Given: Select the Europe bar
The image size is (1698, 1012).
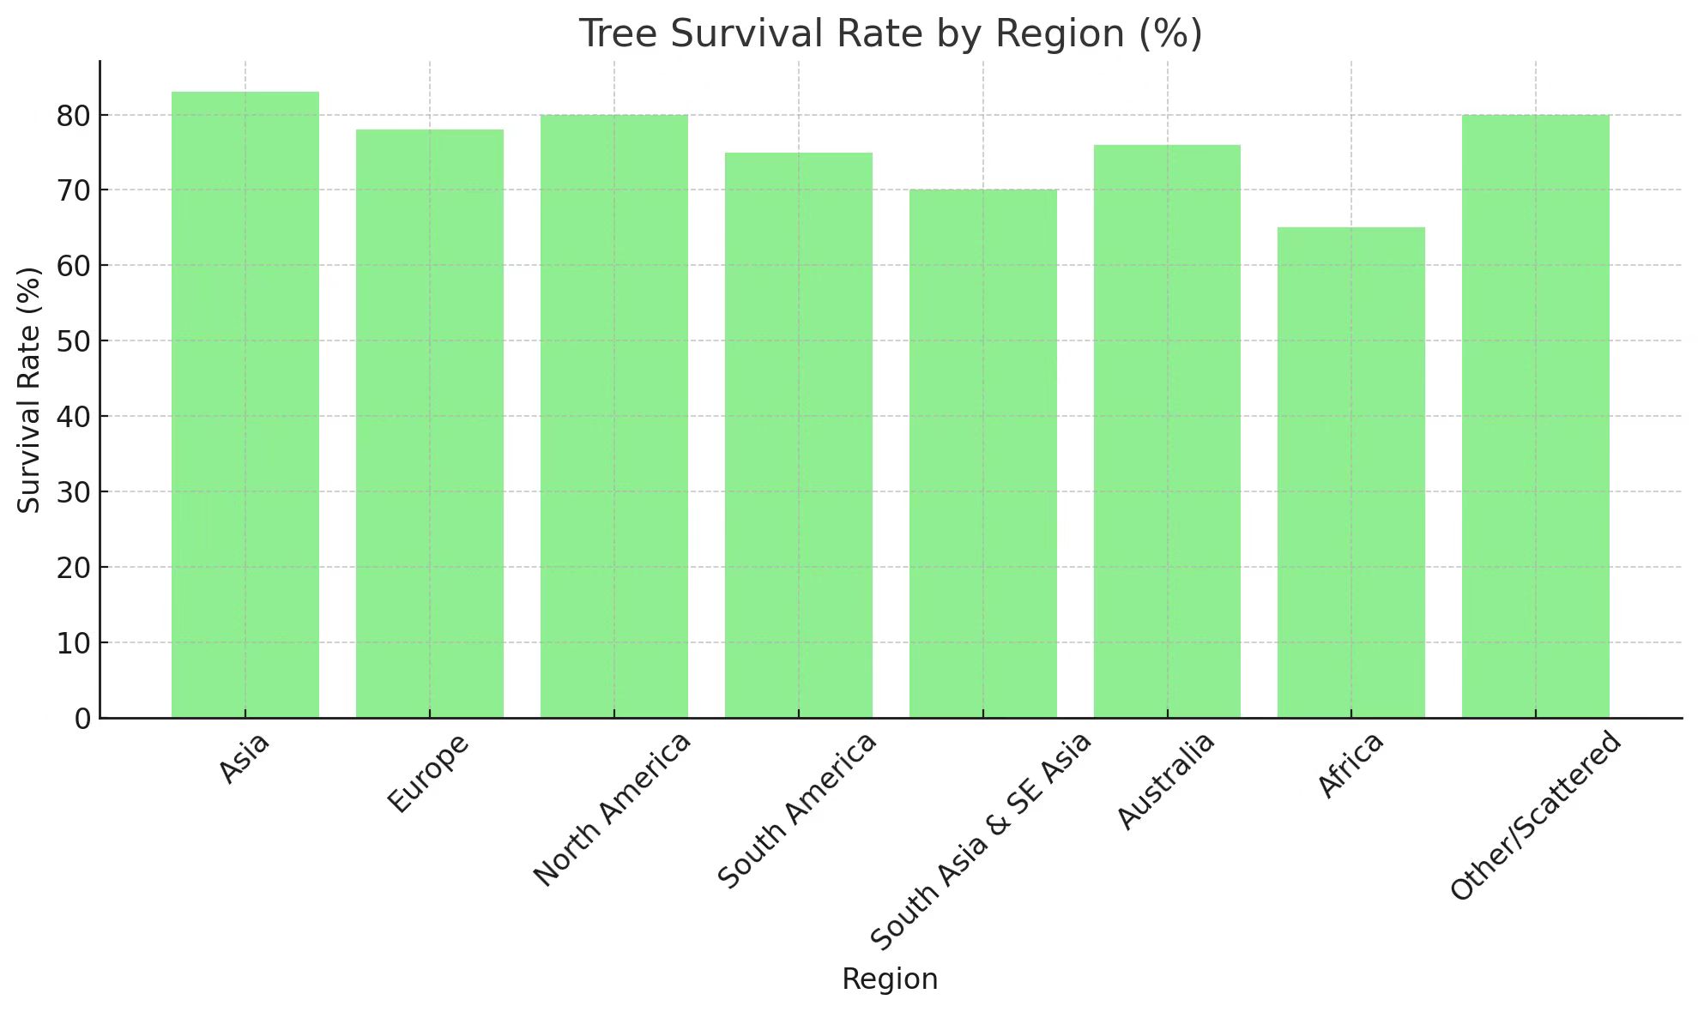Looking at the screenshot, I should (x=430, y=424).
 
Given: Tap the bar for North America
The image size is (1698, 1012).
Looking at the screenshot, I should (x=614, y=416).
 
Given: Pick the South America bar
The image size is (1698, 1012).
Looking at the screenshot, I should (x=799, y=435).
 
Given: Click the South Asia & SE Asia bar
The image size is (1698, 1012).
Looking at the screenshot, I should (x=983, y=454).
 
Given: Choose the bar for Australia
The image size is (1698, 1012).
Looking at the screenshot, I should (x=1167, y=431).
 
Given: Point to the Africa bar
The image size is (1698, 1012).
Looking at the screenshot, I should (x=1351, y=473).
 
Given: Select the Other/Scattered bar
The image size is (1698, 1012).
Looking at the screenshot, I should (x=1536, y=416).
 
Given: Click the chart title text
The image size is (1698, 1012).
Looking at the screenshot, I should (x=891, y=34).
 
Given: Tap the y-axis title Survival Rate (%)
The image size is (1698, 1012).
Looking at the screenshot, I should (x=29, y=390).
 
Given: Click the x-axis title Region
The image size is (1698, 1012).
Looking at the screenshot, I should (x=890, y=979).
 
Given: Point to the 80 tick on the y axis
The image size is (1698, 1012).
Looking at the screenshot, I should (x=72, y=116).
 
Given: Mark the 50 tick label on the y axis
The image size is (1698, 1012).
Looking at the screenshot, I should (x=72, y=341).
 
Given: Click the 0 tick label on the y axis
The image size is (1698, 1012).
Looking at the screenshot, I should (x=82, y=719).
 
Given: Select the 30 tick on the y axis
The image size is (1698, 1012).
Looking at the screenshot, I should (x=72, y=492).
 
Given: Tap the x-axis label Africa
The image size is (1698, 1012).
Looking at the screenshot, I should (x=1350, y=765).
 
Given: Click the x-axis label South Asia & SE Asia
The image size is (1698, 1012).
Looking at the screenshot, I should (x=981, y=840).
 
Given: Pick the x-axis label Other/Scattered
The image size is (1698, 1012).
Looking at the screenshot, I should (x=1536, y=815).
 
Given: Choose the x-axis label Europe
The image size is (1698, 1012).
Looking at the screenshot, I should (x=428, y=773).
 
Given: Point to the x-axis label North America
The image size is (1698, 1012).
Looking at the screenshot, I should (x=612, y=809).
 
